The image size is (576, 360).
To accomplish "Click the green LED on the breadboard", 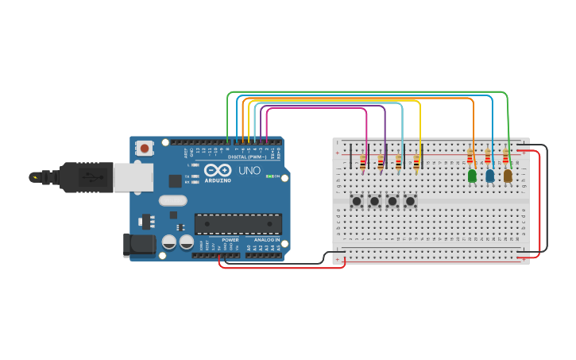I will [x=472, y=176].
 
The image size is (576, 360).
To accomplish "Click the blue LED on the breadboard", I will [x=489, y=176].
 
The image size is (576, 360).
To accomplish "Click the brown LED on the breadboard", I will [x=508, y=176].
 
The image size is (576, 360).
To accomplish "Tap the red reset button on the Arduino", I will [x=145, y=148].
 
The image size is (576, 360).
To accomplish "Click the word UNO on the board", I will [x=249, y=170].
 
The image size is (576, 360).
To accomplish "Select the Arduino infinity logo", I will [x=218, y=169].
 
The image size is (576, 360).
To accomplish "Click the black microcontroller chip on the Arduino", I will [x=238, y=224].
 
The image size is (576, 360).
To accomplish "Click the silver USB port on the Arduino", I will [x=133, y=178].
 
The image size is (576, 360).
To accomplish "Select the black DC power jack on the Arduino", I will [x=138, y=245].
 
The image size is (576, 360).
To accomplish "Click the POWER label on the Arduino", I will [x=230, y=239].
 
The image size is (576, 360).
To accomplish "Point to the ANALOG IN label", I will [x=267, y=239].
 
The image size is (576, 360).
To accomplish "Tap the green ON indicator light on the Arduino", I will [x=269, y=176].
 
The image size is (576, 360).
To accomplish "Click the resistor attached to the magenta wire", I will [x=363, y=164].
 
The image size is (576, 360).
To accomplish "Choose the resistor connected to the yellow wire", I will [x=416, y=164].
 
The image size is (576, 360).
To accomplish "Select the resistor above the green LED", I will [x=470, y=157].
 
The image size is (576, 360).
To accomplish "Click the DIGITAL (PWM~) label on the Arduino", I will [x=248, y=157].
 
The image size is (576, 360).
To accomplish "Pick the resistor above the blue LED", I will [x=488, y=157].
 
